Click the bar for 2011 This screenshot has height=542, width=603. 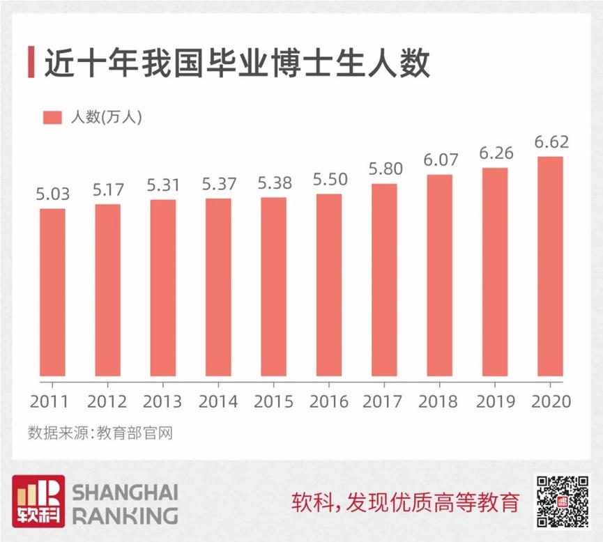pos(52,293)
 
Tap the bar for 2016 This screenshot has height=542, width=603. pos(329,286)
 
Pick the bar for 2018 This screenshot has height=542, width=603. pos(440,276)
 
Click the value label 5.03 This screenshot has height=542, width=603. pos(52,194)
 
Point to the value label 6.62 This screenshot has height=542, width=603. pos(551,142)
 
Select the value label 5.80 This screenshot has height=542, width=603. pos(384,169)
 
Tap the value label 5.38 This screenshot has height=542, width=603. pos(274,183)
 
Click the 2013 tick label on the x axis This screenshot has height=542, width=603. pos(162,402)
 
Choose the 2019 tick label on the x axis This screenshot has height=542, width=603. pos(496,402)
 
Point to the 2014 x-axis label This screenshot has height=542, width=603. pos(218,402)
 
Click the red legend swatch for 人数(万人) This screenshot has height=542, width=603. pos(53,117)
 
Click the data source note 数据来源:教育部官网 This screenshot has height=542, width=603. pos(100,433)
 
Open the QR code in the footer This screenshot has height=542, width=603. pos(562,502)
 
